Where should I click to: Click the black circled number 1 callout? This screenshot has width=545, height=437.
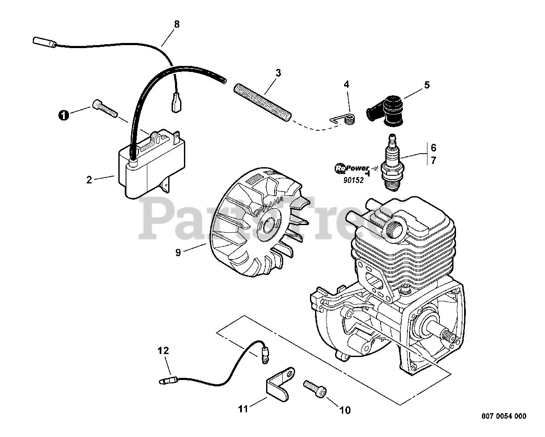(63, 115)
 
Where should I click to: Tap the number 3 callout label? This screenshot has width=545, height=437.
(278, 72)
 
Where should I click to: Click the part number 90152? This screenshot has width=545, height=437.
(353, 180)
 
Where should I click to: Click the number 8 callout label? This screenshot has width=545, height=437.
(177, 24)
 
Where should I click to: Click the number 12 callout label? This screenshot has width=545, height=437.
(163, 351)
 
